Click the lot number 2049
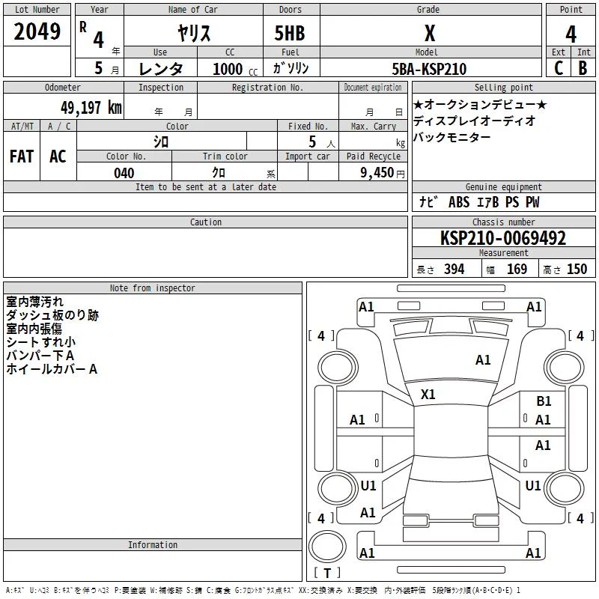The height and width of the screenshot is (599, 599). tap(37, 31)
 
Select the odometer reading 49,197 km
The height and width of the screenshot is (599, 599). tap(91, 108)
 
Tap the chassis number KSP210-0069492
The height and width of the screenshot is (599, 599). tap(503, 238)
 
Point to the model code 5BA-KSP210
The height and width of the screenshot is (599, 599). tap(429, 69)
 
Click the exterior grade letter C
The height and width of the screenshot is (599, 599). tap(559, 68)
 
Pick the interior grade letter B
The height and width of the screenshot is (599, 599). tap(583, 68)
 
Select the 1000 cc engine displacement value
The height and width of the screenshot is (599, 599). tap(235, 69)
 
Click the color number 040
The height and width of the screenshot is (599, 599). tap(124, 173)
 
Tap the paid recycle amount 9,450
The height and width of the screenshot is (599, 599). tap(377, 173)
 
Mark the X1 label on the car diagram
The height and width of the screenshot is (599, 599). tap(428, 395)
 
